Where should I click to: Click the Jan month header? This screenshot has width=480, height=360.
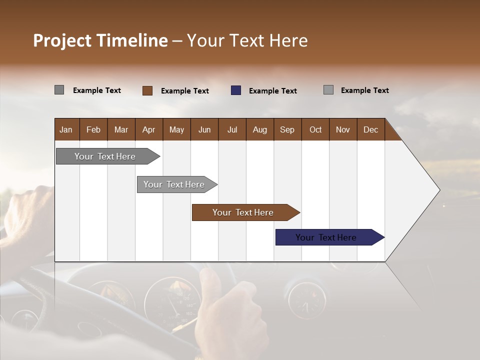[x=66, y=129]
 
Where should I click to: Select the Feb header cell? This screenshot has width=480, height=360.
[x=93, y=129]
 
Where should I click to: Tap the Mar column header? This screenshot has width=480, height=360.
[x=121, y=129]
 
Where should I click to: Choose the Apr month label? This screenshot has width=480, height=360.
[x=148, y=129]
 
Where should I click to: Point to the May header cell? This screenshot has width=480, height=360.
[x=176, y=129]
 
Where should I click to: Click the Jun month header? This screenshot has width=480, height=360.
[x=204, y=129]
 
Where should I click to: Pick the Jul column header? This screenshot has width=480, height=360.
[x=232, y=129]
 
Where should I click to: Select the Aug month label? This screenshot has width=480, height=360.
[x=259, y=129]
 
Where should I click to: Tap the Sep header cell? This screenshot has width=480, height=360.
[x=287, y=129]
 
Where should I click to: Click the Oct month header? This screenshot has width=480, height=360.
[x=315, y=129]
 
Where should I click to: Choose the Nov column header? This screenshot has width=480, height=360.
[x=343, y=129]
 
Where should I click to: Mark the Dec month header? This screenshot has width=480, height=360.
[x=370, y=129]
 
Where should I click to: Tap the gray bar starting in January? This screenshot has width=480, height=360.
[x=105, y=156]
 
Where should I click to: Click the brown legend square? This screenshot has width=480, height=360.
[x=147, y=90]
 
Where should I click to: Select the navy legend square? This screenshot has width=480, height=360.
[x=236, y=90]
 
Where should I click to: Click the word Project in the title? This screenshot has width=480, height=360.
[x=62, y=40]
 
